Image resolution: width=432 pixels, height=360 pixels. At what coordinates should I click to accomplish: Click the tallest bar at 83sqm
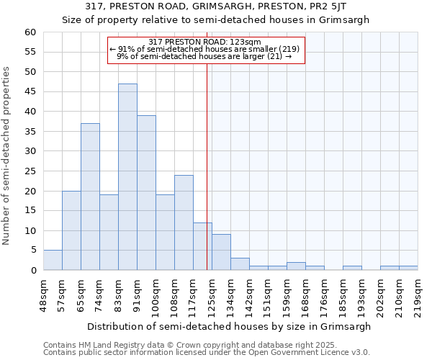(127, 177)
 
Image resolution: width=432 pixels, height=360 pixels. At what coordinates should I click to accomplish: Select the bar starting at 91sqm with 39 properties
(146, 193)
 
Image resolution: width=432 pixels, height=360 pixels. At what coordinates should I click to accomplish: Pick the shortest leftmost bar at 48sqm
(53, 261)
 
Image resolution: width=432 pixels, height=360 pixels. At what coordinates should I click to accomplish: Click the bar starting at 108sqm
(184, 222)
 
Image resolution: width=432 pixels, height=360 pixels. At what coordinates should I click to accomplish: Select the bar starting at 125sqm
(221, 252)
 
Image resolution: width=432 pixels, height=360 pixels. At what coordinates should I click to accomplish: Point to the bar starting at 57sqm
(71, 230)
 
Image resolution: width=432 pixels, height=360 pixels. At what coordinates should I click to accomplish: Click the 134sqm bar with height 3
(240, 264)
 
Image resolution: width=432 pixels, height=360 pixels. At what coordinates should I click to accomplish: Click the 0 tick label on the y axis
(33, 271)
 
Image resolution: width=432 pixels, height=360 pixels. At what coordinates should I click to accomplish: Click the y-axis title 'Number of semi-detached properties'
(7, 155)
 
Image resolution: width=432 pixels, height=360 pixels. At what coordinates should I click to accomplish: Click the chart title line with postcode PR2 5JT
(216, 6)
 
